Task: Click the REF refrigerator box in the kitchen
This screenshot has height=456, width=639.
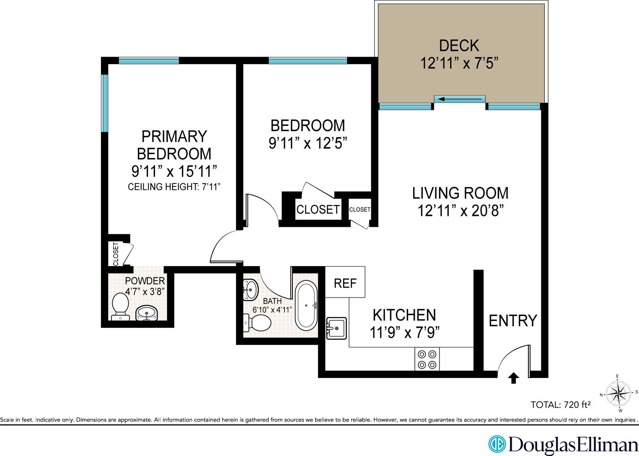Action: [345, 282]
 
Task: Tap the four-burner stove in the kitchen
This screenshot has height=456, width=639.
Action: [427, 359]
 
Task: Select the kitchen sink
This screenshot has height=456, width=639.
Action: [336, 328]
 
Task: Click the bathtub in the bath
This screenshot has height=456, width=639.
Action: [306, 306]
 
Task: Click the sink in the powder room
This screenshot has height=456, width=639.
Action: [146, 313]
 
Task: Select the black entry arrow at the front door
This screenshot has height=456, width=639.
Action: [513, 378]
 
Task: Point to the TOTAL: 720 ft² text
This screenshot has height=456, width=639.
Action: [560, 405]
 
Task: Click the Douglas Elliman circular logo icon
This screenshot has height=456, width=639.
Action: [497, 444]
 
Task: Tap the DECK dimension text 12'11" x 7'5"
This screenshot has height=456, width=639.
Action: [459, 63]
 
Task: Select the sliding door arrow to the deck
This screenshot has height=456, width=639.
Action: [460, 99]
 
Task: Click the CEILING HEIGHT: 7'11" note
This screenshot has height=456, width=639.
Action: [174, 187]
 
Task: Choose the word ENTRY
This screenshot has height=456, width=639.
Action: [512, 321]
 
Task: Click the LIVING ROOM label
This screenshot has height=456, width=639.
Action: [460, 193]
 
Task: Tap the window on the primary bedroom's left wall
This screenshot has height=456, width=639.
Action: [105, 103]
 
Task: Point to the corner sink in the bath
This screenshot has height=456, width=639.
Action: [250, 289]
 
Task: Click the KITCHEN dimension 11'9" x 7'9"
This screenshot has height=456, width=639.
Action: [404, 333]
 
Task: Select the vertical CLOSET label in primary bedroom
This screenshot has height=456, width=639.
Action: [116, 254]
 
